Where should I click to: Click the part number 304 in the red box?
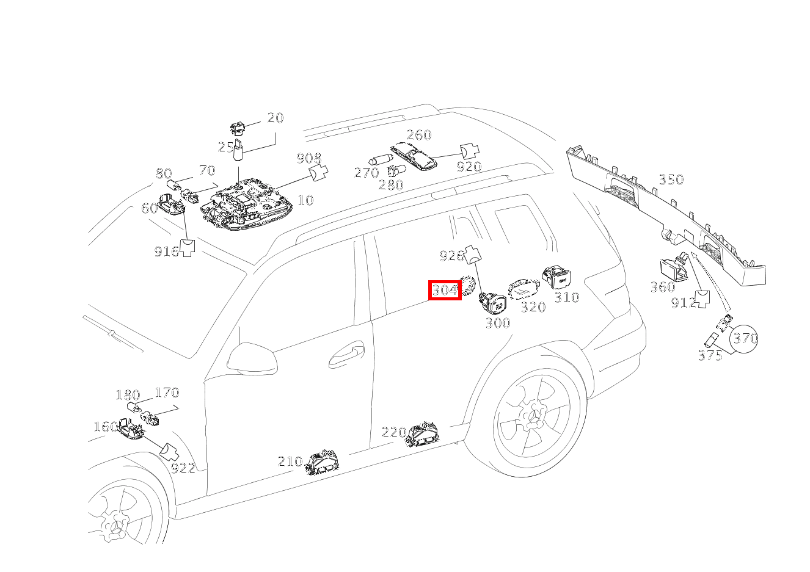[445, 290]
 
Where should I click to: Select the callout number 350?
[671, 179]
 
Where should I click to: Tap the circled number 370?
[744, 338]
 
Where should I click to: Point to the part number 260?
[419, 135]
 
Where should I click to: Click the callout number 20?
[275, 117]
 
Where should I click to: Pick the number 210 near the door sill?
[290, 462]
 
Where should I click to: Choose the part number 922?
[183, 468]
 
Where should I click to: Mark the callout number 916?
[167, 251]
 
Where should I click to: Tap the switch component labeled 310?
[556, 277]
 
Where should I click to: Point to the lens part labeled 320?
[524, 289]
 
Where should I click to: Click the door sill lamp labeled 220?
[422, 434]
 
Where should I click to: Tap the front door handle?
[346, 355]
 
